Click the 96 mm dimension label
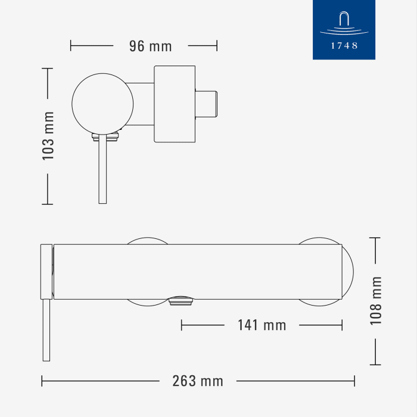click(150, 46)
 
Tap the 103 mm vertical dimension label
click(48, 136)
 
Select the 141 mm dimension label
click(262, 325)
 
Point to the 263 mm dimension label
click(197, 381)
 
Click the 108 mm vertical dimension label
click(376, 301)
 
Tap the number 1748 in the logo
click(344, 45)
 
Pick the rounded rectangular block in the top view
click(175, 104)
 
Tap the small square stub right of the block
click(208, 104)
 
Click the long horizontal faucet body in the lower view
click(197, 271)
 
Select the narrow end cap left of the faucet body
click(46, 271)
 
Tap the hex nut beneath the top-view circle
click(105, 138)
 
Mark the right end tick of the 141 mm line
click(342, 325)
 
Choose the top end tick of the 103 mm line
click(48, 69)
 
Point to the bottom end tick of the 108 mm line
click(375, 365)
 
